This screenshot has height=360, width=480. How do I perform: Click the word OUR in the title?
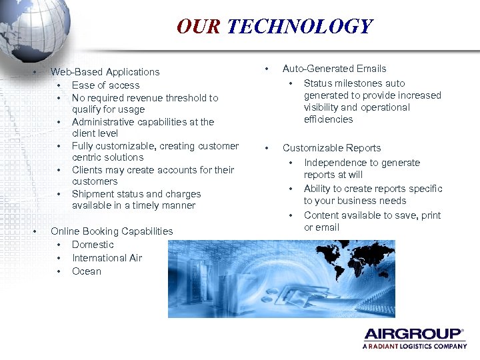tap(199, 27)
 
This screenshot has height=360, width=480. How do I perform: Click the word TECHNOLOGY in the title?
tap(299, 27)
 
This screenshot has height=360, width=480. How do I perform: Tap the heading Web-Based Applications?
tap(105, 72)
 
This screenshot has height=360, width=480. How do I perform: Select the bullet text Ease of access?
tap(105, 85)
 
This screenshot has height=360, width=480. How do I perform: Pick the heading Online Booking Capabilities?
tap(111, 231)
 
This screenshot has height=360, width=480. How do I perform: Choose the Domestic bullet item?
tap(93, 245)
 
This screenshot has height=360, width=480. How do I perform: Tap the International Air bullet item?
tap(107, 258)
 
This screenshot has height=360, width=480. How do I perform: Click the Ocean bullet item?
tap(87, 271)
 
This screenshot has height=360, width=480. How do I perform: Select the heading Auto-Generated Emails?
tap(334, 69)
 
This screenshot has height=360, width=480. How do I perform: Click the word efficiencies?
tap(328, 119)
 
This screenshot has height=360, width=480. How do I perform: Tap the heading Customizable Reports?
tap(331, 148)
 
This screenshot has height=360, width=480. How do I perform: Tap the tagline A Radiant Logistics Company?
tap(415, 347)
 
